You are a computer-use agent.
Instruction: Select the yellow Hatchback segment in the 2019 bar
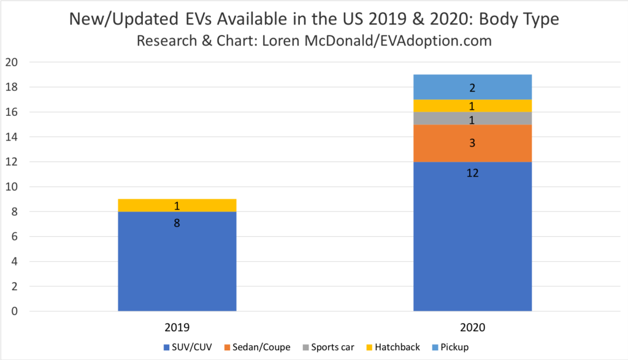(177, 205)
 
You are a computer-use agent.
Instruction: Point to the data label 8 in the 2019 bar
(177, 223)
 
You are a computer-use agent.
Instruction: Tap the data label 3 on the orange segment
(472, 143)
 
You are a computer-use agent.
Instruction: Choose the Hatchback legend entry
(393, 347)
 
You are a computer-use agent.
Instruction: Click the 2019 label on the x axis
(177, 328)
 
